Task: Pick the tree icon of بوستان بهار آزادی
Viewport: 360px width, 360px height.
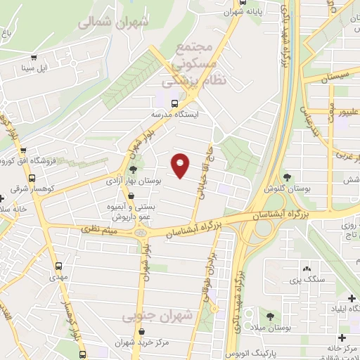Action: [132, 169]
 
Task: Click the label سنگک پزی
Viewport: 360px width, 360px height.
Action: [307, 280]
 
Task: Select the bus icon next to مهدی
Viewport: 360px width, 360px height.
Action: [59, 267]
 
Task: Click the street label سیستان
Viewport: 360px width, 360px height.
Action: [335, 74]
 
